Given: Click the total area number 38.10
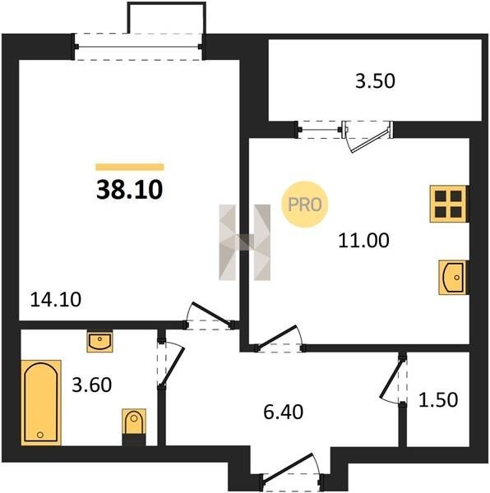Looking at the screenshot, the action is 130,190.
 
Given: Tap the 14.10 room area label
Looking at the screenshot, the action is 56,299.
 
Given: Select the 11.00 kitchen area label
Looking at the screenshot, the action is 364,240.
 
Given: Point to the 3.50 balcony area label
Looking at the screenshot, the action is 375,81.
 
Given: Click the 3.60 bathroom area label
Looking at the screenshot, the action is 92,385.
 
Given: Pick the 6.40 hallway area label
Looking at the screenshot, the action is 283,412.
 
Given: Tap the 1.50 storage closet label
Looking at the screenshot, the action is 438,400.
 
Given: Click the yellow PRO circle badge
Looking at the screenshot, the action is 305,205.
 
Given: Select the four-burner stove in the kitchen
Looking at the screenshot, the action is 449,204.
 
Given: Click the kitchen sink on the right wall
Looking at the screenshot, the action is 453,278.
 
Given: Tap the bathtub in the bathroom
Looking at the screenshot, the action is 41,403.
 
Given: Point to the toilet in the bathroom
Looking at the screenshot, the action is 134,426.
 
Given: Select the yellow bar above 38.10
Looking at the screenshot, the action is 130,167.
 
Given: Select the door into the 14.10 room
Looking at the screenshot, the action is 209,316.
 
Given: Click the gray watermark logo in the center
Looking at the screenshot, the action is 245,242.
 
